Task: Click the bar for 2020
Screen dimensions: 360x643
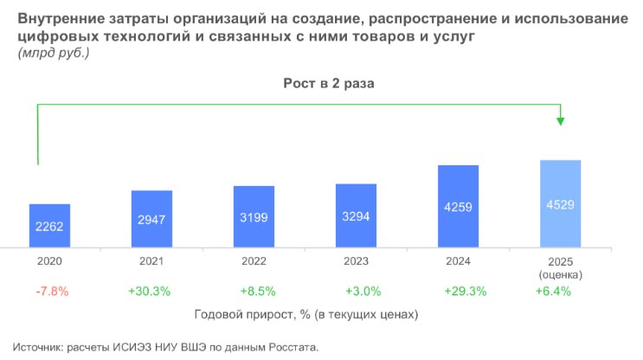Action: point(49,225)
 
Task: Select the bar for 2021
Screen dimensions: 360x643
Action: point(151,218)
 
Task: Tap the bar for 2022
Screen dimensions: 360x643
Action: point(254,215)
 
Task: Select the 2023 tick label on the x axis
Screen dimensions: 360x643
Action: point(356,260)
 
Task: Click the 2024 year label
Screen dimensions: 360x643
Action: point(458,260)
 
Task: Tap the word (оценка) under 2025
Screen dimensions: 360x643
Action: point(560,274)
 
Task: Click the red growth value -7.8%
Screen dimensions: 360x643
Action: point(49,292)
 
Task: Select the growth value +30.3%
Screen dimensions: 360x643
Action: point(151,292)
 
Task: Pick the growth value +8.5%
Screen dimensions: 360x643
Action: point(254,292)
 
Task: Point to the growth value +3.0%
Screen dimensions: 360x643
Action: point(356,292)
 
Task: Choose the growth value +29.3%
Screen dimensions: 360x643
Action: point(458,292)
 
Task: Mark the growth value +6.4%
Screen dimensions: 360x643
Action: point(554,292)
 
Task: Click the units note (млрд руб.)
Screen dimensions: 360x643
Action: point(53,54)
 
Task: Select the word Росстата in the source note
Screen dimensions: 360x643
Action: point(290,347)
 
